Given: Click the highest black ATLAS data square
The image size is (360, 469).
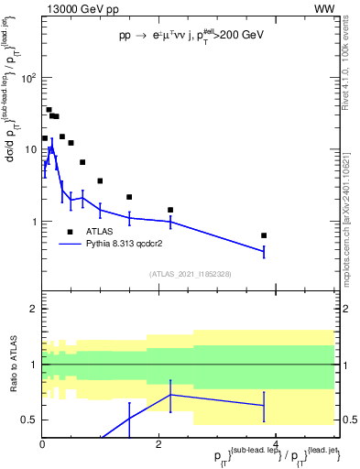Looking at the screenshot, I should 49,110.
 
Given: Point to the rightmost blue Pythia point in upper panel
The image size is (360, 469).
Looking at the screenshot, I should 264,251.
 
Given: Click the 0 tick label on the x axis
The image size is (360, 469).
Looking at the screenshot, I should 42,444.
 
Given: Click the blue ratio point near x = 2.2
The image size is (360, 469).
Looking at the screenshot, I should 170,395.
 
